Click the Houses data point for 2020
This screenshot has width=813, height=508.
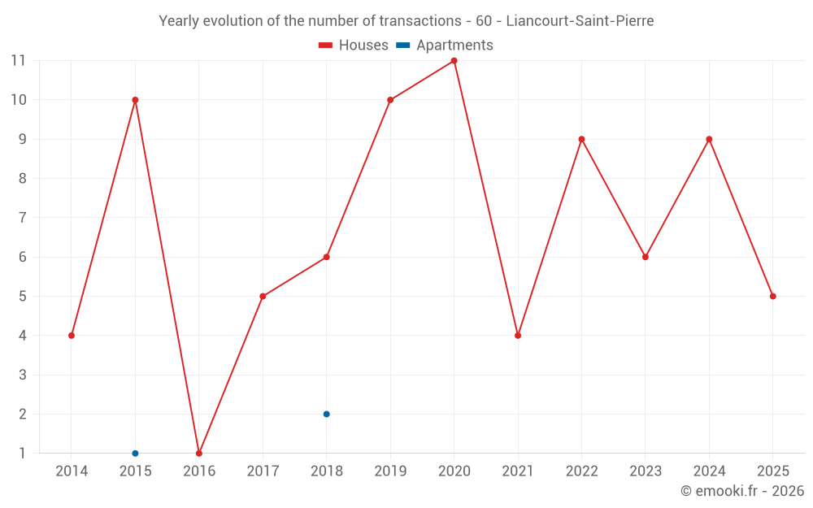tap(454, 61)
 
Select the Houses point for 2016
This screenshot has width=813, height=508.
tap(199, 453)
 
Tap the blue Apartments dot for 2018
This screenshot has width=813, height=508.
tap(326, 414)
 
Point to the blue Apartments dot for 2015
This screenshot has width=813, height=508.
tap(135, 453)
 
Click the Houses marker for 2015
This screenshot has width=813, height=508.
tap(135, 100)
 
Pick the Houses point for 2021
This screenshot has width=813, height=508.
tap(518, 336)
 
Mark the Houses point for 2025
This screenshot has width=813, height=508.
tap(772, 296)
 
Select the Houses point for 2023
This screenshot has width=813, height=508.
tap(646, 257)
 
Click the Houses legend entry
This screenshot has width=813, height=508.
tap(354, 46)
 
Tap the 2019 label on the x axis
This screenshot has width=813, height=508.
tap(390, 471)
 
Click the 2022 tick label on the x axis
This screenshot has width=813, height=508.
tap(581, 471)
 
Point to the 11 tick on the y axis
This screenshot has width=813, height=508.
tap(18, 61)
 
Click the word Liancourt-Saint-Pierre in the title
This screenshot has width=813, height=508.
tap(580, 21)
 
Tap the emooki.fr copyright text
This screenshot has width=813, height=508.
tap(742, 491)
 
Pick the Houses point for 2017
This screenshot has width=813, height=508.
tap(263, 296)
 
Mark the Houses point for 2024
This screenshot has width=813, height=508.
tap(709, 139)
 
